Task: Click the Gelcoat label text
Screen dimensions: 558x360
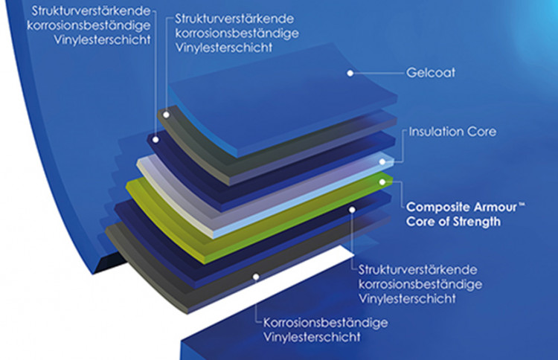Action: [431, 73]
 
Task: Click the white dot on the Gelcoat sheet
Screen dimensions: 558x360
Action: [350, 73]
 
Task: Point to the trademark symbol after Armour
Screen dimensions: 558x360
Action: [522, 205]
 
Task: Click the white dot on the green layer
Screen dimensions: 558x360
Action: [382, 182]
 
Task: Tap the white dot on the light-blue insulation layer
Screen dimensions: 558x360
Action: [382, 162]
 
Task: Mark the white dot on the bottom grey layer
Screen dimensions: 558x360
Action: [256, 277]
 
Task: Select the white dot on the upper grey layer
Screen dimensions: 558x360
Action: [166, 115]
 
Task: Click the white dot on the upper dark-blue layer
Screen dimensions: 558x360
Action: [155, 140]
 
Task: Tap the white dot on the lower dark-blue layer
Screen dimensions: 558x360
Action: [352, 210]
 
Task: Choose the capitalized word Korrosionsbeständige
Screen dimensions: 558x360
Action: [325, 323]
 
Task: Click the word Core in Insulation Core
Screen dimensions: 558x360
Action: [481, 132]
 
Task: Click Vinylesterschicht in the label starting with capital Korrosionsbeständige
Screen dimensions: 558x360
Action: [312, 337]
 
